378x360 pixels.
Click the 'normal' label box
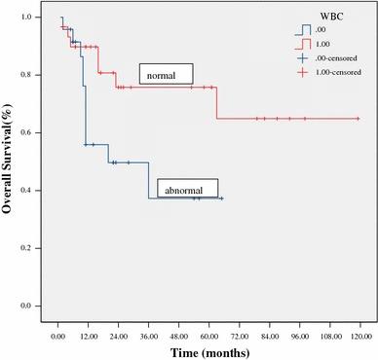point(165,75)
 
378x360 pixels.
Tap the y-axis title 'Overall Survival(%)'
point(9,162)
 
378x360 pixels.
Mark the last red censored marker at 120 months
point(359,119)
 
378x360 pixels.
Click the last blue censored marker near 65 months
point(221,198)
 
